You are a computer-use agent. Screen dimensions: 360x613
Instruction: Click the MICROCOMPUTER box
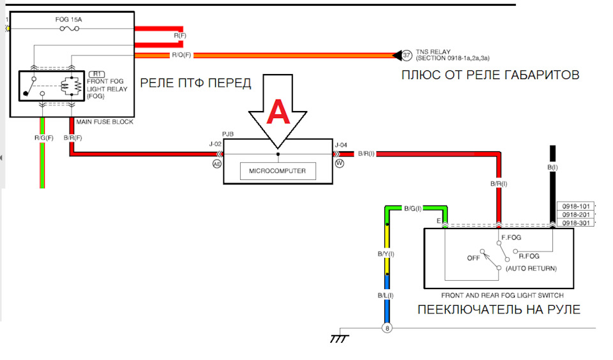[278, 171]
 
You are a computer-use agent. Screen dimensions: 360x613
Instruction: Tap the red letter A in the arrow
[278, 113]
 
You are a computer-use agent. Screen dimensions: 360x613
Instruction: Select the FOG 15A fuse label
[70, 20]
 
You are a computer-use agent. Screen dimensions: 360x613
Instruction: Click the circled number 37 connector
[407, 55]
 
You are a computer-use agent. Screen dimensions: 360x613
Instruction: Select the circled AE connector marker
[216, 163]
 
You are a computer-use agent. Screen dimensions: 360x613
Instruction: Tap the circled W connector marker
[339, 163]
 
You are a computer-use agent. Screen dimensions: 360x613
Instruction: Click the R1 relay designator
[98, 74]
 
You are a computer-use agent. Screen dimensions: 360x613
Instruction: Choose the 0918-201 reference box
[576, 214]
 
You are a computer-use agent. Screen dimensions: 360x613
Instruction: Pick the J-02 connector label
[215, 144]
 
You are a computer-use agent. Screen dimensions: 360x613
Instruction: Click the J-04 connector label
[340, 144]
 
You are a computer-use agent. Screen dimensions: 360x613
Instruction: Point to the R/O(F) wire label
[181, 56]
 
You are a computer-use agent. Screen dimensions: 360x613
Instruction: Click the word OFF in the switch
[473, 259]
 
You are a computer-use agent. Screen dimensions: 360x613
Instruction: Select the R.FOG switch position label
[531, 255]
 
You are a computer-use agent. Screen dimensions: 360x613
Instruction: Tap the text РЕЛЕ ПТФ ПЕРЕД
[195, 83]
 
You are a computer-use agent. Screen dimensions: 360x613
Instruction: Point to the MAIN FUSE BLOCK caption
[105, 122]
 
